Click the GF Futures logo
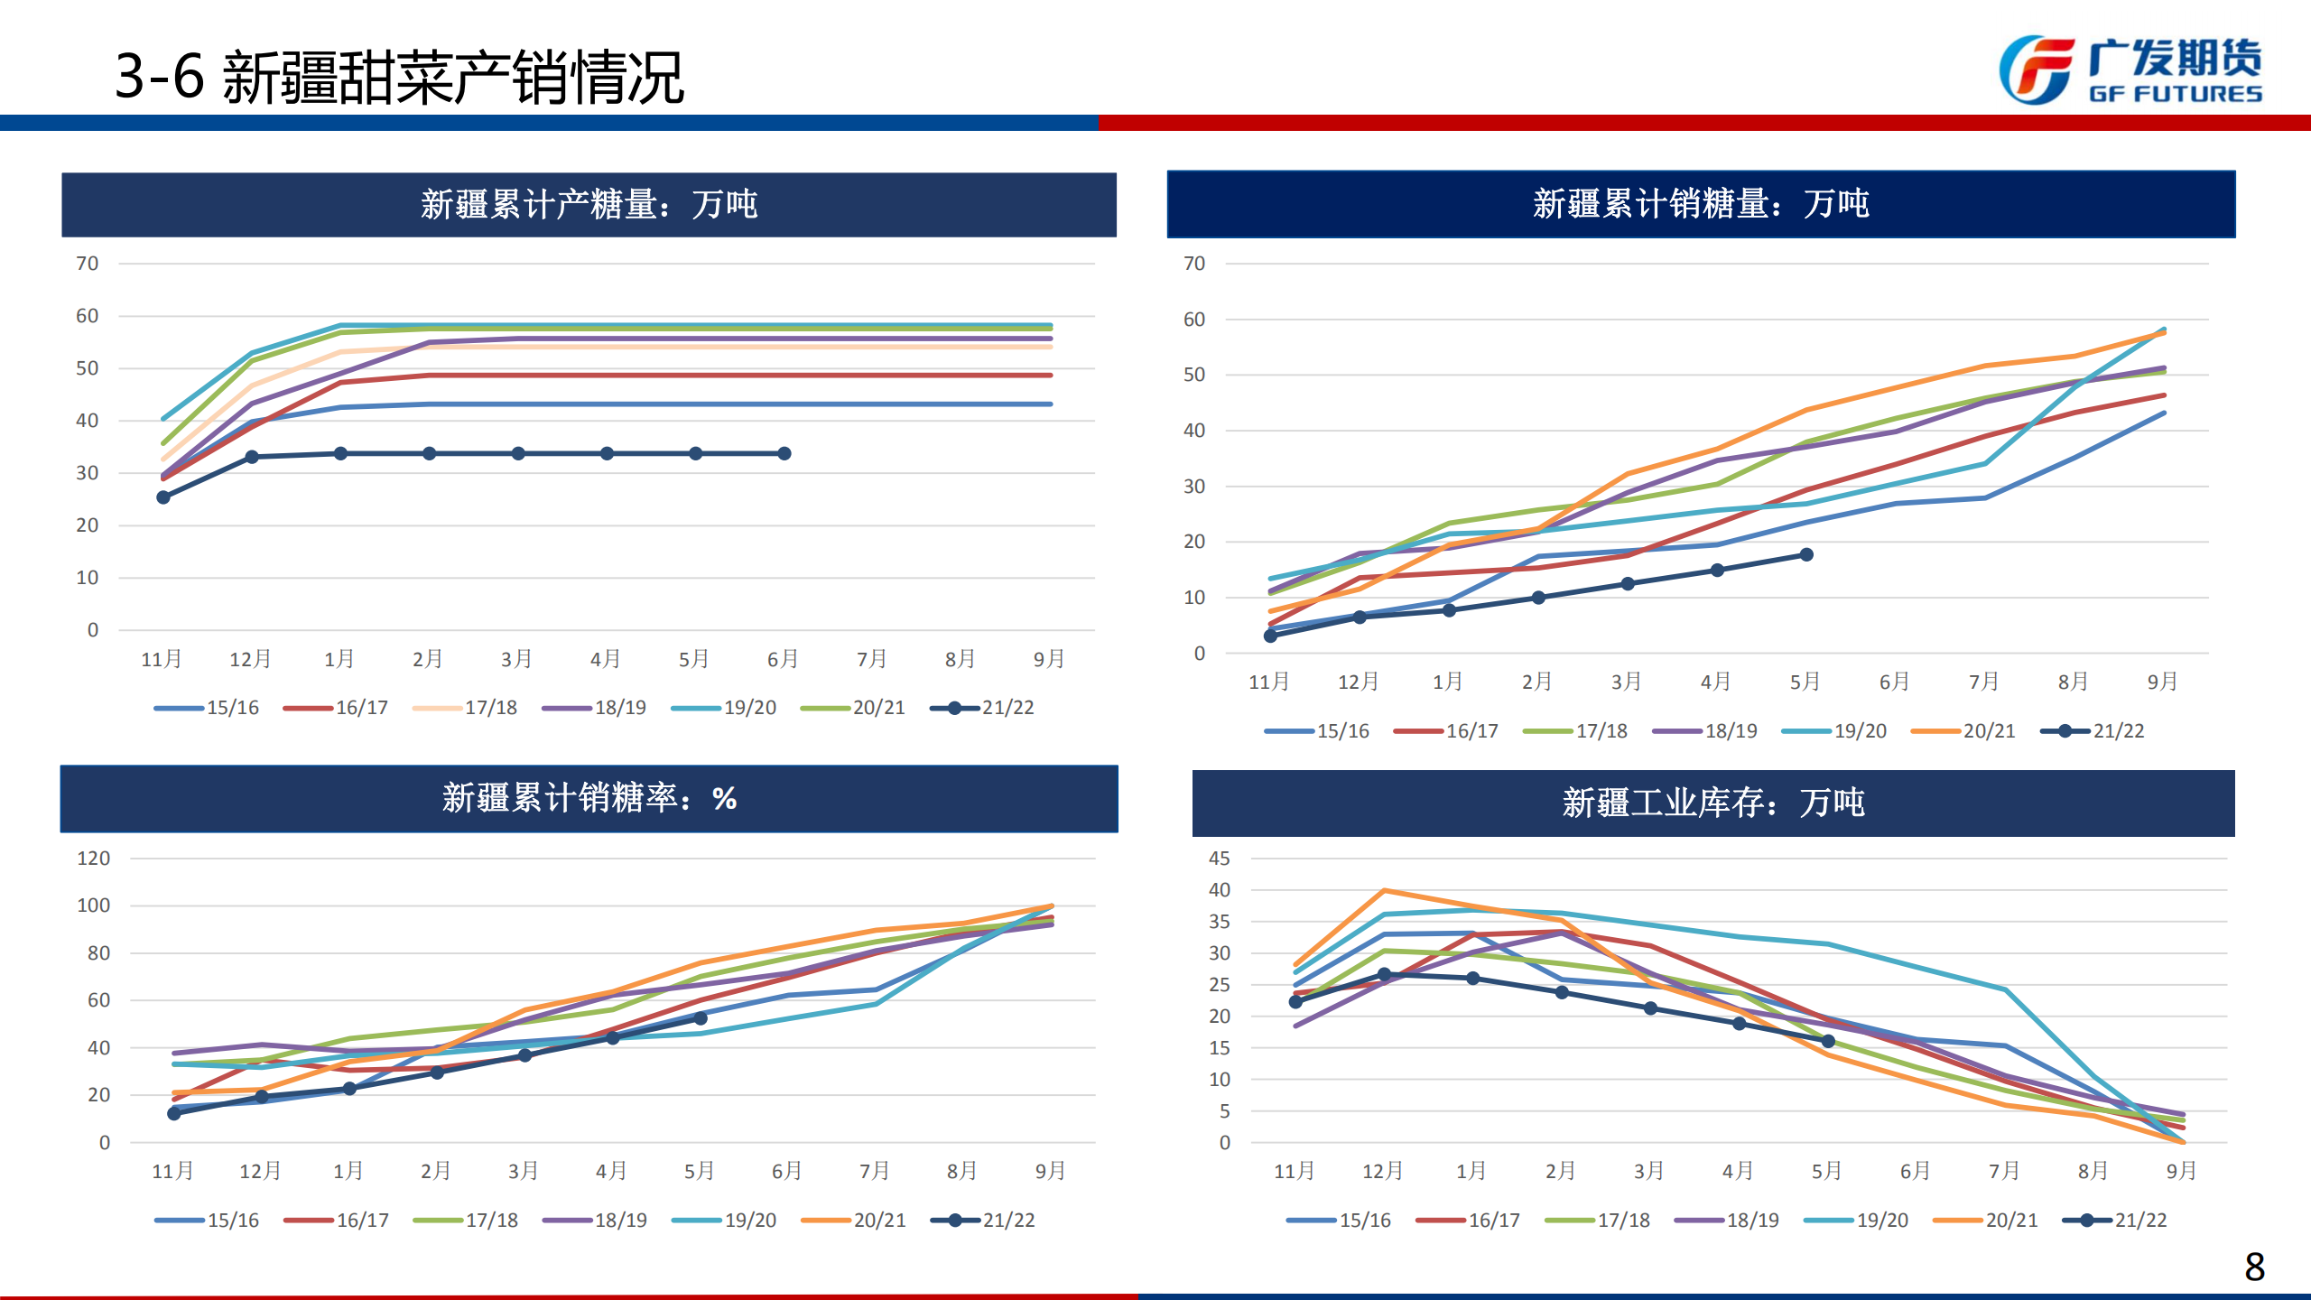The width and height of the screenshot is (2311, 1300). [2130, 70]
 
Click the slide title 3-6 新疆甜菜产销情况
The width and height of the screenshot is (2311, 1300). [399, 78]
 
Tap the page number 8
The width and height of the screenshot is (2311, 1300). [2254, 1267]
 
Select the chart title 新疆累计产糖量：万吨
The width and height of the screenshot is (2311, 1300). [589, 205]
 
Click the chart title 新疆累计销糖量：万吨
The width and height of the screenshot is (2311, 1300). [1701, 204]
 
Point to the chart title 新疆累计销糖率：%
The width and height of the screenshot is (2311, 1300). [589, 798]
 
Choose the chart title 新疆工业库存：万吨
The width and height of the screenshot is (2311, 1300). [1712, 803]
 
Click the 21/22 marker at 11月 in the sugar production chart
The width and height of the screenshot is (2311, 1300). [163, 497]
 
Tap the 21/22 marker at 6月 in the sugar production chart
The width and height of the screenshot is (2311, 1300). [784, 453]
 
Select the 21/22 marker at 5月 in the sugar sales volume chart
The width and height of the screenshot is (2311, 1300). [1806, 554]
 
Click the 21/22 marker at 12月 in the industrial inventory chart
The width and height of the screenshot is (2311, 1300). [1384, 974]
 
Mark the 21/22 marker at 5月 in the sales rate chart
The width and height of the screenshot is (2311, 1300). [701, 1018]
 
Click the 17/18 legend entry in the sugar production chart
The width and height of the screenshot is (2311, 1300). [465, 708]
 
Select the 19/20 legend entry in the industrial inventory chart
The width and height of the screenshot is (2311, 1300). [1856, 1221]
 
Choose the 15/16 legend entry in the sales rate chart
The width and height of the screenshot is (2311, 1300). [207, 1221]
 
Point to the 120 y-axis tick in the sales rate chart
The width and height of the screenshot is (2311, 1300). [94, 859]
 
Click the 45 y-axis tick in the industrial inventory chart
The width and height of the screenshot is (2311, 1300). [1219, 859]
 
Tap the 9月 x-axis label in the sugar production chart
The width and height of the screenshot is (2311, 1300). [1048, 660]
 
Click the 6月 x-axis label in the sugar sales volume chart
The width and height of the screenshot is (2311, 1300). [1894, 682]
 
